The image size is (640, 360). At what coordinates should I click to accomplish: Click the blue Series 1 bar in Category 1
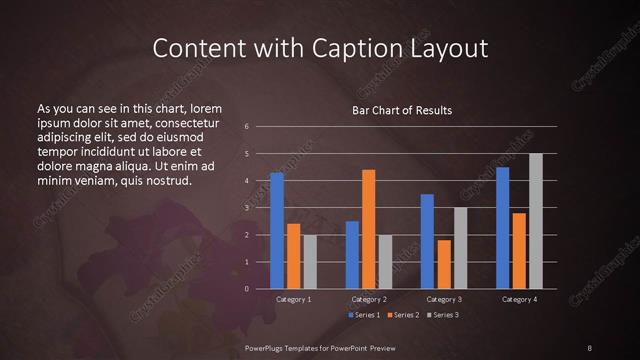[x=277, y=231]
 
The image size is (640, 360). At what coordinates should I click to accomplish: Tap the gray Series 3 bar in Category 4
[x=535, y=221]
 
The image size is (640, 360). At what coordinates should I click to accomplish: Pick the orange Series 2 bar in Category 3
[x=443, y=264]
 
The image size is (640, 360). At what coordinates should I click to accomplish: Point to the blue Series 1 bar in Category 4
[x=502, y=228]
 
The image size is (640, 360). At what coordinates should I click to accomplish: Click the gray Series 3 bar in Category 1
[x=310, y=262]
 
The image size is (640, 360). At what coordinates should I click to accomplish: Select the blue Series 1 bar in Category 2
[x=352, y=255]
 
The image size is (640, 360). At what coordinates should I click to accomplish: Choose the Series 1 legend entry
[x=363, y=315]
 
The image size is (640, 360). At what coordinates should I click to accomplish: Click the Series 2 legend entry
[x=403, y=315]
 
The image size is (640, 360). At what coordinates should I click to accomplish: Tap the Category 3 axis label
[x=444, y=299]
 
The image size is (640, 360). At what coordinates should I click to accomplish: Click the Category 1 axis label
[x=294, y=299]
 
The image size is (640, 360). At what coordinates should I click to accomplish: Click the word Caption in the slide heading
[x=351, y=47]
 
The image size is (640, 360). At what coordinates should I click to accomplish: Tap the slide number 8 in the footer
[x=589, y=347]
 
